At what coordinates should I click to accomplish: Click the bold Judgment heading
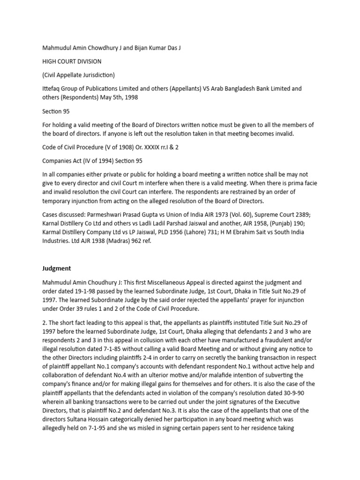[x=56, y=269]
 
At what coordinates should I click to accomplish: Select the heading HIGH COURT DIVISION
[x=71, y=61]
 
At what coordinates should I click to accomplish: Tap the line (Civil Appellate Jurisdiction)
[x=79, y=75]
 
